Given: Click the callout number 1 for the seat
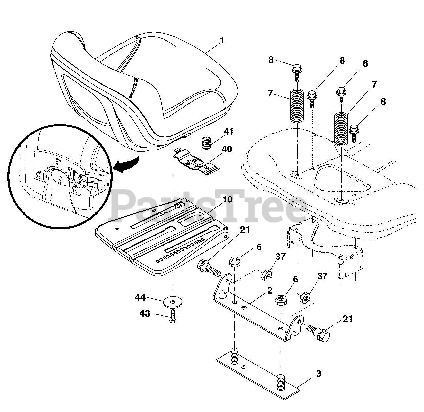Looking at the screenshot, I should coord(222,41).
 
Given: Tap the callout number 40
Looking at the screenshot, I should coord(227,149).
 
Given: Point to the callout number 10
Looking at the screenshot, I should coord(228,200).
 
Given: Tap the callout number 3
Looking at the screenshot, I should coord(318,374).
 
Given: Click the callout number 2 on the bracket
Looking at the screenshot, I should coord(269,291).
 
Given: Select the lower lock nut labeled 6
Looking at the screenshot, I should coord(281,302).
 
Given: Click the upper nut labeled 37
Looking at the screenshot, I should coord(267,275).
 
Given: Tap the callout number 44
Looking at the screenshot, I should coord(140,298).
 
